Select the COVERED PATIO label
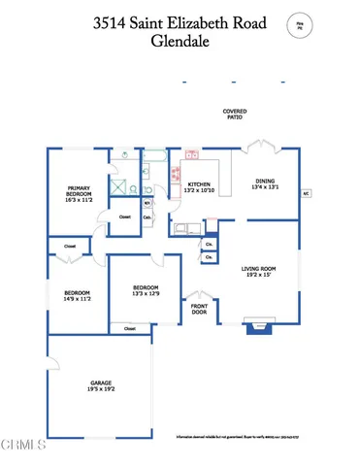pyautogui.click(x=234, y=115)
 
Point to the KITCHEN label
pyautogui.click(x=199, y=183)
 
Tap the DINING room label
pyautogui.click(x=265, y=181)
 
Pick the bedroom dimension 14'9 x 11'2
pyautogui.click(x=78, y=299)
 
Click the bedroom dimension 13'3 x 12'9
pyautogui.click(x=144, y=294)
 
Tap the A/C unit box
pyautogui.click(x=306, y=192)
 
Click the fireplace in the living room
pyautogui.click(x=258, y=328)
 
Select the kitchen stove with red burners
pyautogui.click(x=177, y=176)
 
